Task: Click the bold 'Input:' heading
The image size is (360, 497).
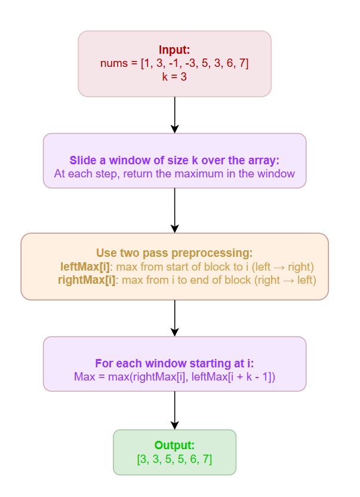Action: point(174,50)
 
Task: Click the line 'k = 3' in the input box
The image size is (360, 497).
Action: point(174,76)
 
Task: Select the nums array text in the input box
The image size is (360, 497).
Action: point(174,63)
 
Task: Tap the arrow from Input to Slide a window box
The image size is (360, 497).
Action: point(174,114)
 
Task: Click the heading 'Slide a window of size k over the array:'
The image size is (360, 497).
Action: point(174,161)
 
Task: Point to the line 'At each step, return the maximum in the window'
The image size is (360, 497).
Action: point(174,174)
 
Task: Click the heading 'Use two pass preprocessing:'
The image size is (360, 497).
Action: point(174,253)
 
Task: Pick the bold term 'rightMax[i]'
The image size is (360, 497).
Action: point(87,280)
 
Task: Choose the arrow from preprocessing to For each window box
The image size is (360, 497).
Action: point(174,318)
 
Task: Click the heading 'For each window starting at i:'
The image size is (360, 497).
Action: point(174,364)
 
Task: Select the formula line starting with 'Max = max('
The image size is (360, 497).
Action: point(174,377)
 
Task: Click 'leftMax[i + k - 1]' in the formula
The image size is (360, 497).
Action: point(230,377)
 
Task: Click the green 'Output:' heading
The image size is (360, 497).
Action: point(174,445)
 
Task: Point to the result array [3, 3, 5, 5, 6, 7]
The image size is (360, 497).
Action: point(174,459)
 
